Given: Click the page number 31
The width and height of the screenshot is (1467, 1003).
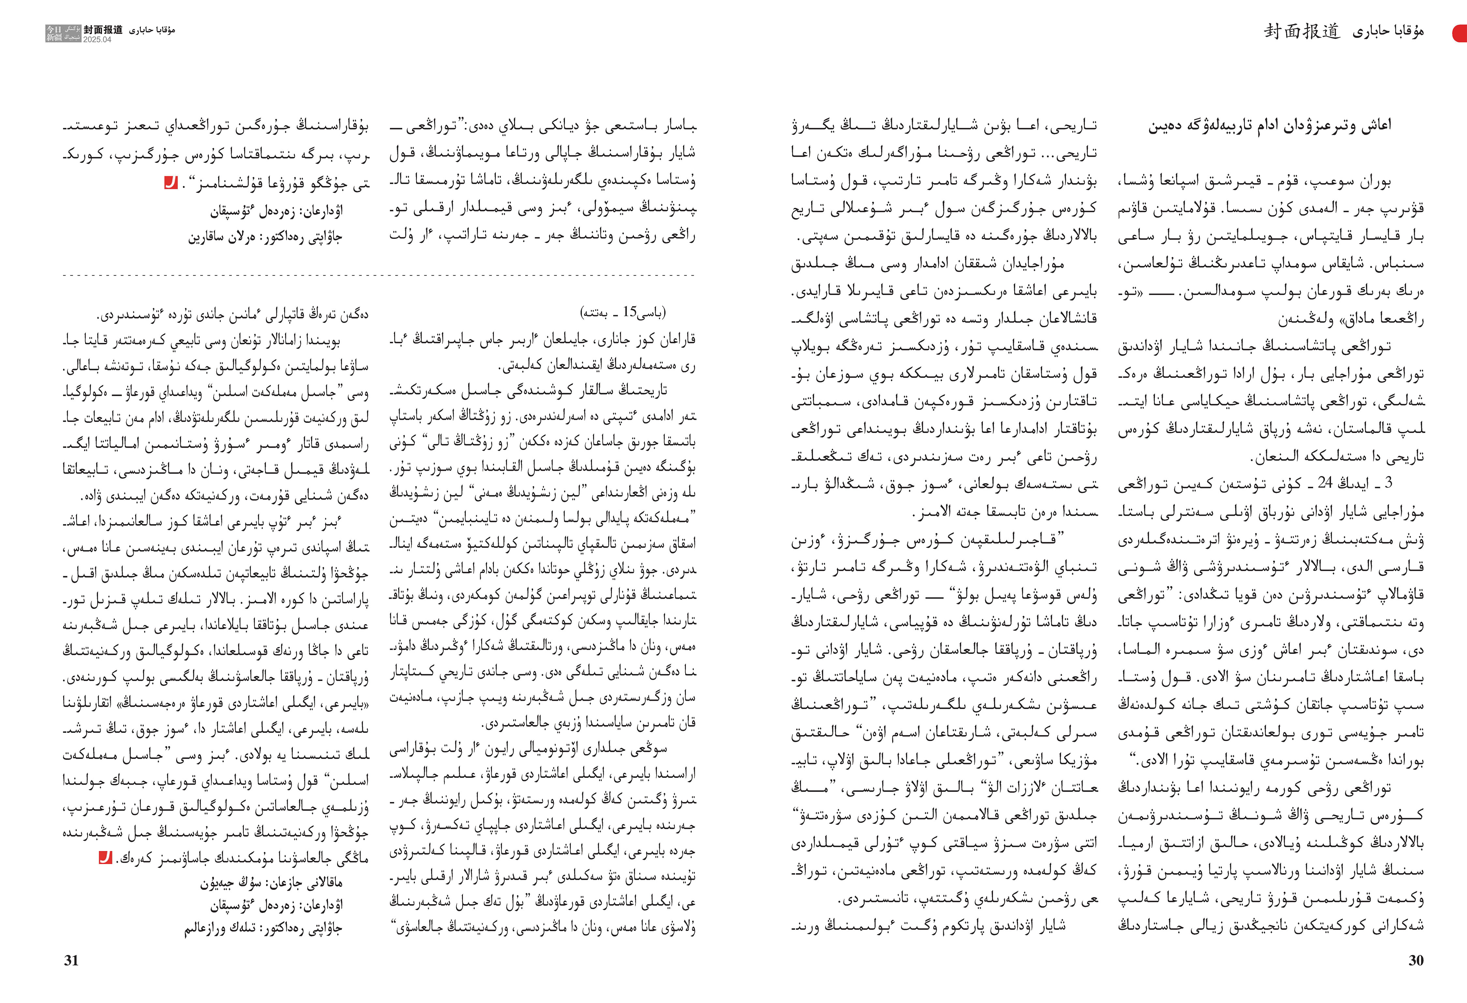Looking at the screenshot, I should [x=71, y=960].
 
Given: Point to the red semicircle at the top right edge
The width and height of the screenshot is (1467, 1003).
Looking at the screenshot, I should [x=1461, y=33].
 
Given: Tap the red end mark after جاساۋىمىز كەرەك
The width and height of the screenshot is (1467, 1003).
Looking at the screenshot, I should [x=105, y=858].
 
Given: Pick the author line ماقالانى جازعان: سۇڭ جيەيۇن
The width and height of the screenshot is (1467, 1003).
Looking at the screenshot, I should [x=272, y=882].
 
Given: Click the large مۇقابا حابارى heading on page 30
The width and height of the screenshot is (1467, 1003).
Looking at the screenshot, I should [x=1387, y=32].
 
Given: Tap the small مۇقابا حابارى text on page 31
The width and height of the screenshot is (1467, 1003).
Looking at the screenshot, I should [x=152, y=30].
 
